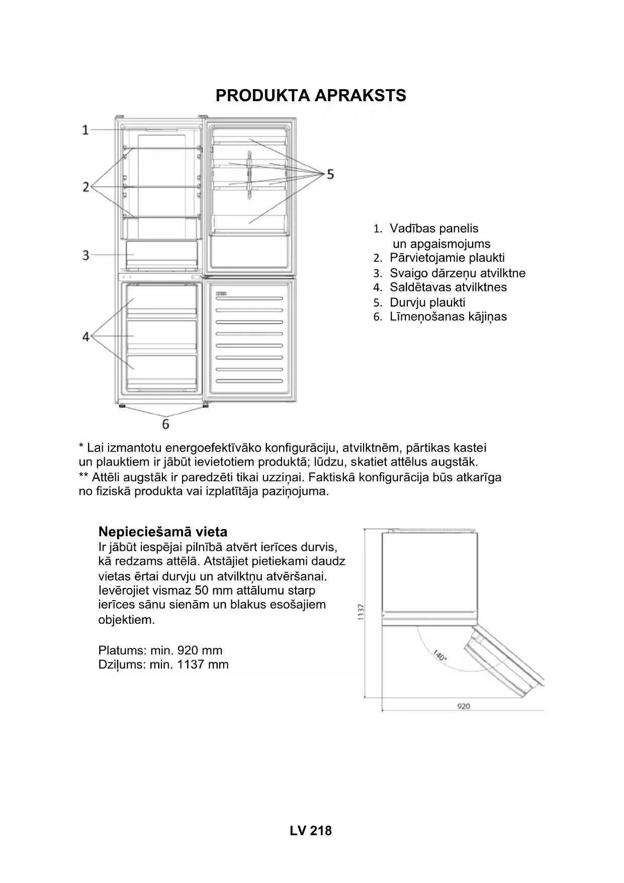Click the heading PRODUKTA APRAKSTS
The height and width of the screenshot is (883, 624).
click(x=311, y=96)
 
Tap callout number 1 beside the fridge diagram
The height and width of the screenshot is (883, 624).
click(x=85, y=130)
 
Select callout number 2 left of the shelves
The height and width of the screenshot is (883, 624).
click(x=85, y=187)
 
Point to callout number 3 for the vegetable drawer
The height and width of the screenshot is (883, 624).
click(x=85, y=255)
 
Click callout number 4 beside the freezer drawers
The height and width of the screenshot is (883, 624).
click(x=85, y=336)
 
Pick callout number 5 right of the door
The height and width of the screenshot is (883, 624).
click(x=330, y=174)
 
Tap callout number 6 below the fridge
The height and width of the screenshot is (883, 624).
click(x=165, y=424)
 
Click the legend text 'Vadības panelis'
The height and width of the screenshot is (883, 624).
click(x=433, y=229)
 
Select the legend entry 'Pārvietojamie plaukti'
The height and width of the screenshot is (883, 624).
click(x=447, y=258)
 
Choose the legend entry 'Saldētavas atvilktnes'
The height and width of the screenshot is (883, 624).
click(x=448, y=287)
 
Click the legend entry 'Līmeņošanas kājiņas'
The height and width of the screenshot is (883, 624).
click(x=448, y=317)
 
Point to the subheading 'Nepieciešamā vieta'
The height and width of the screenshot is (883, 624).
click(x=163, y=532)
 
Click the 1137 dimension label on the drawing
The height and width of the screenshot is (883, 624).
click(x=361, y=612)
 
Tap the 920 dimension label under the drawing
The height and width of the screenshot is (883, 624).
click(x=463, y=706)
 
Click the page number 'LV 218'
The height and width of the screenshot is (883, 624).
click(x=311, y=831)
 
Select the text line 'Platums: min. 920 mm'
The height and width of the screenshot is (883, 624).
click(x=160, y=650)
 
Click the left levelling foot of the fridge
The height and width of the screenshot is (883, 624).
click(x=121, y=406)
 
